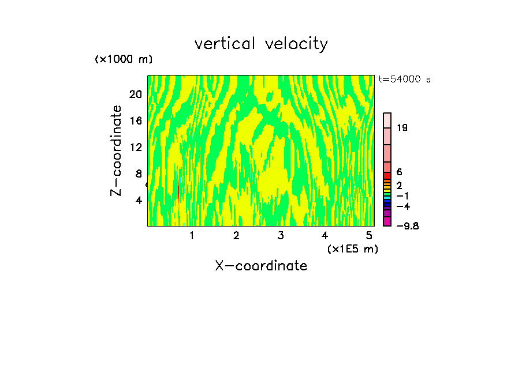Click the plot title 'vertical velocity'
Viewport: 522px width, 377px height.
[x=261, y=44]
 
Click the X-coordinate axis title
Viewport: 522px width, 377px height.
[x=261, y=266]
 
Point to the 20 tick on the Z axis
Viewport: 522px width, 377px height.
[x=136, y=95]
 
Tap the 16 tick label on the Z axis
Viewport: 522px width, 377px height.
[x=136, y=121]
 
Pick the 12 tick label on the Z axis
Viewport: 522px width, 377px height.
[x=136, y=147]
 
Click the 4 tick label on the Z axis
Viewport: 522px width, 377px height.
[x=139, y=200]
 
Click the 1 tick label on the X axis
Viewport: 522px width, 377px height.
[x=191, y=235]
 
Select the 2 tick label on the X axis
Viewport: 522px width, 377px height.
[x=236, y=235]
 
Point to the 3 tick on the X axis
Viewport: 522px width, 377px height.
[x=281, y=235]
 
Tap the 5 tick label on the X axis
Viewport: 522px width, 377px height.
[x=369, y=235]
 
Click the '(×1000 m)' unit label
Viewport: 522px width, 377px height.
[x=124, y=59]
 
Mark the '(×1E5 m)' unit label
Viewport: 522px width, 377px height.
[x=353, y=249]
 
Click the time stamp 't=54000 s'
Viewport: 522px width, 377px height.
[x=405, y=80]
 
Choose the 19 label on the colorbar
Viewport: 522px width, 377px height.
[x=402, y=127]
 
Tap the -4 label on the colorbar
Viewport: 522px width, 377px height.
[x=403, y=206]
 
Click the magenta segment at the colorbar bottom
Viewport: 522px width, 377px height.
[x=387, y=221]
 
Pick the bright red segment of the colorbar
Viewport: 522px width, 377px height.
[x=387, y=175]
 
